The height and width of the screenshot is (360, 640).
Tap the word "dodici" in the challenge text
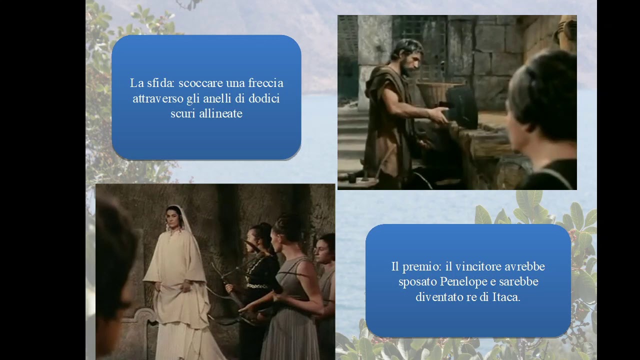click(x=263, y=98)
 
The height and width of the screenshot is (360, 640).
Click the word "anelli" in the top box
click(x=216, y=98)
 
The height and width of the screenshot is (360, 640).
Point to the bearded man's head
click(x=407, y=56)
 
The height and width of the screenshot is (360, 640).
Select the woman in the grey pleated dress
click(x=290, y=290)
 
